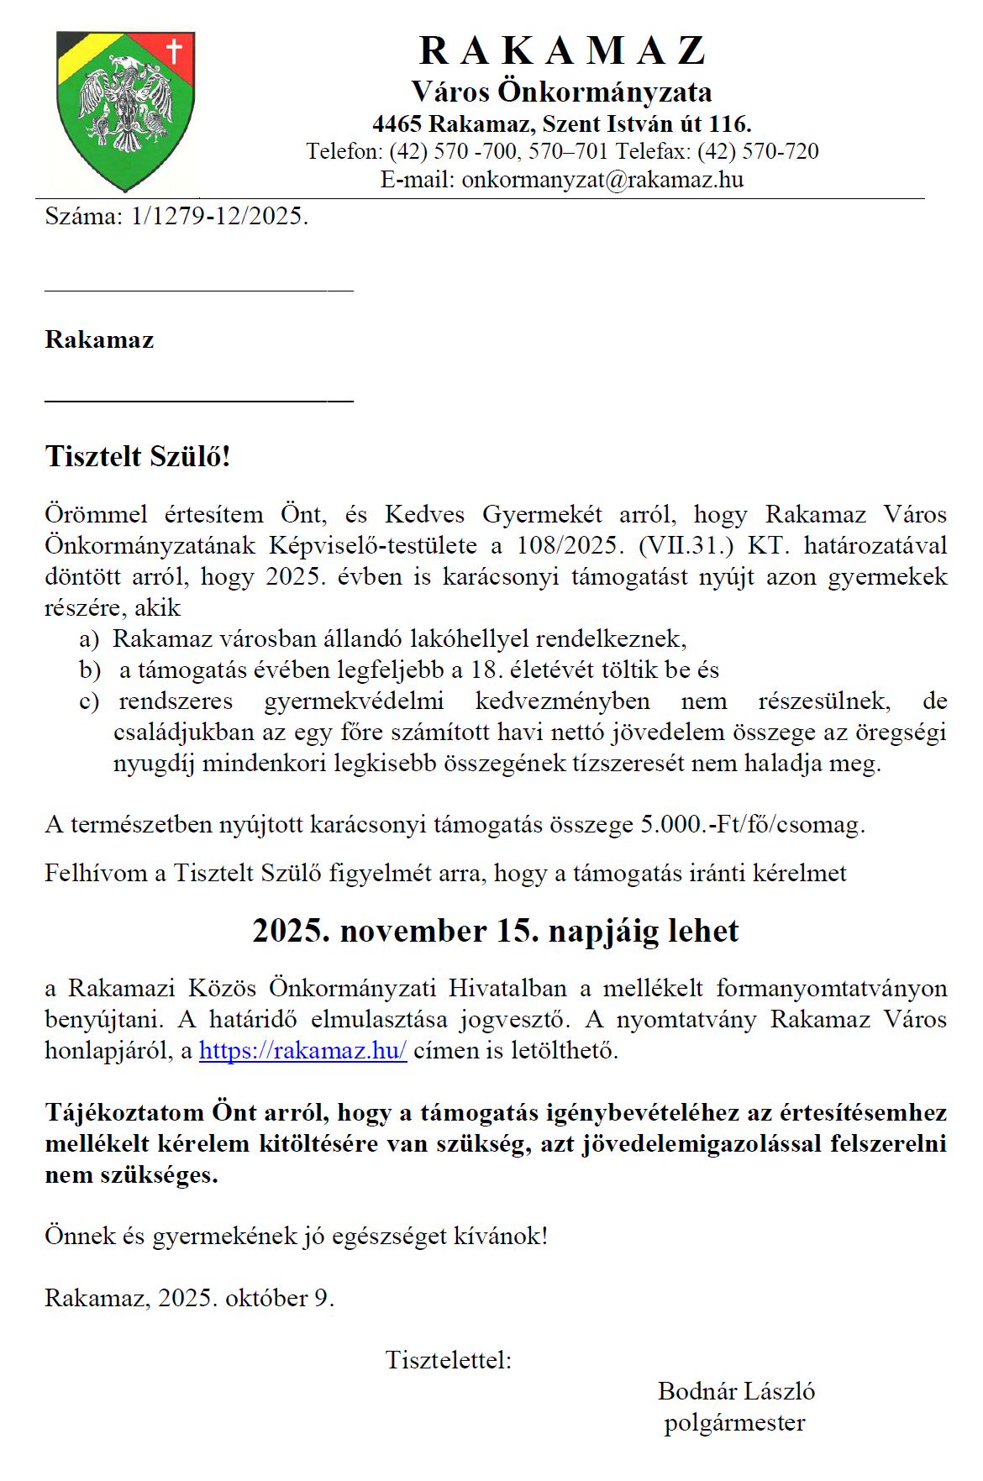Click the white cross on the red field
click(174, 50)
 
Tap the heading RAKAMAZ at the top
click(562, 50)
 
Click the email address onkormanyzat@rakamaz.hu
click(602, 180)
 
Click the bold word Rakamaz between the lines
click(99, 340)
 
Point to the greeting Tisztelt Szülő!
click(138, 456)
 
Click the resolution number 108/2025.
click(570, 545)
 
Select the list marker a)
click(89, 639)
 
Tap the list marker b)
click(90, 670)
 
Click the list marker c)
click(89, 701)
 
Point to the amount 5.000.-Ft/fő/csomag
click(752, 824)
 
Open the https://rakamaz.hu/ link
click(302, 1050)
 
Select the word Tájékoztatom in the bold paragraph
click(124, 1112)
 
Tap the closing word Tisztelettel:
click(448, 1360)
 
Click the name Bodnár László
click(736, 1391)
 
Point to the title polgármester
click(734, 1423)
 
